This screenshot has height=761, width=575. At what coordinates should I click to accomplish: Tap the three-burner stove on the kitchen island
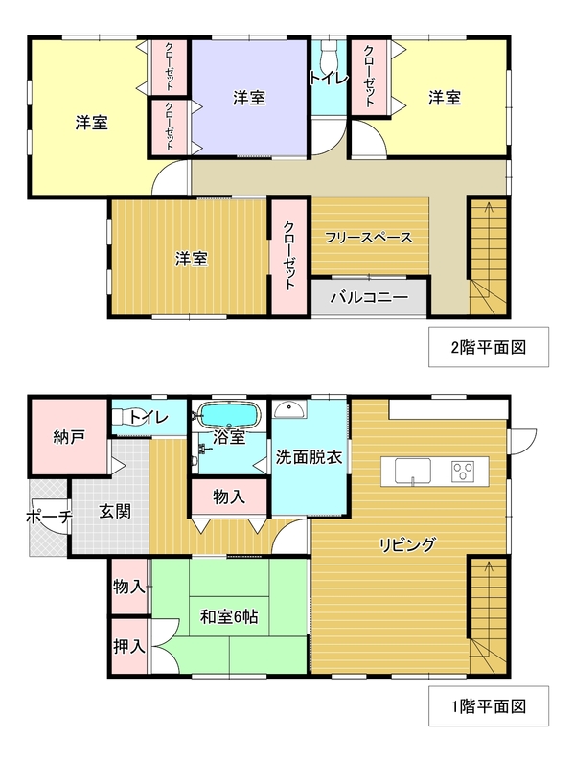463,471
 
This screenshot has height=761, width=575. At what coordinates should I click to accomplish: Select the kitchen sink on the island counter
412,471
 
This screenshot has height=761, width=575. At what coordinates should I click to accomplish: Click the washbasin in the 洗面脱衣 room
289,409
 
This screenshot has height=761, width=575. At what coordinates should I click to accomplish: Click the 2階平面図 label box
489,347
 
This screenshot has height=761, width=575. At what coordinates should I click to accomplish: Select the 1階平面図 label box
489,705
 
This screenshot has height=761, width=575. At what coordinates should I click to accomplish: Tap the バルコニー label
369,297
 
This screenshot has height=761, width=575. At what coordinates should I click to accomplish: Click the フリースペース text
369,238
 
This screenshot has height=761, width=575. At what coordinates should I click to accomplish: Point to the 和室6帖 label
229,616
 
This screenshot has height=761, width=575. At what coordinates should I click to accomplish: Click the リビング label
407,544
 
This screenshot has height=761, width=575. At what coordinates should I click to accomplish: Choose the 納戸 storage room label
69,437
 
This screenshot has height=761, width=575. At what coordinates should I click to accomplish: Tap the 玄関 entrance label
115,511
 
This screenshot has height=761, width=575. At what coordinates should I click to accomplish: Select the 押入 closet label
129,646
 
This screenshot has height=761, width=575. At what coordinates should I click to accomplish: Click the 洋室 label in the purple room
249,98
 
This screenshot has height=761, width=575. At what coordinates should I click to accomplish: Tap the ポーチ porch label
50,517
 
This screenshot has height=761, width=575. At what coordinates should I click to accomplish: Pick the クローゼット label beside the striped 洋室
289,256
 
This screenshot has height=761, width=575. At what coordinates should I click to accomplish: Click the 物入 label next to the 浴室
229,496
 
